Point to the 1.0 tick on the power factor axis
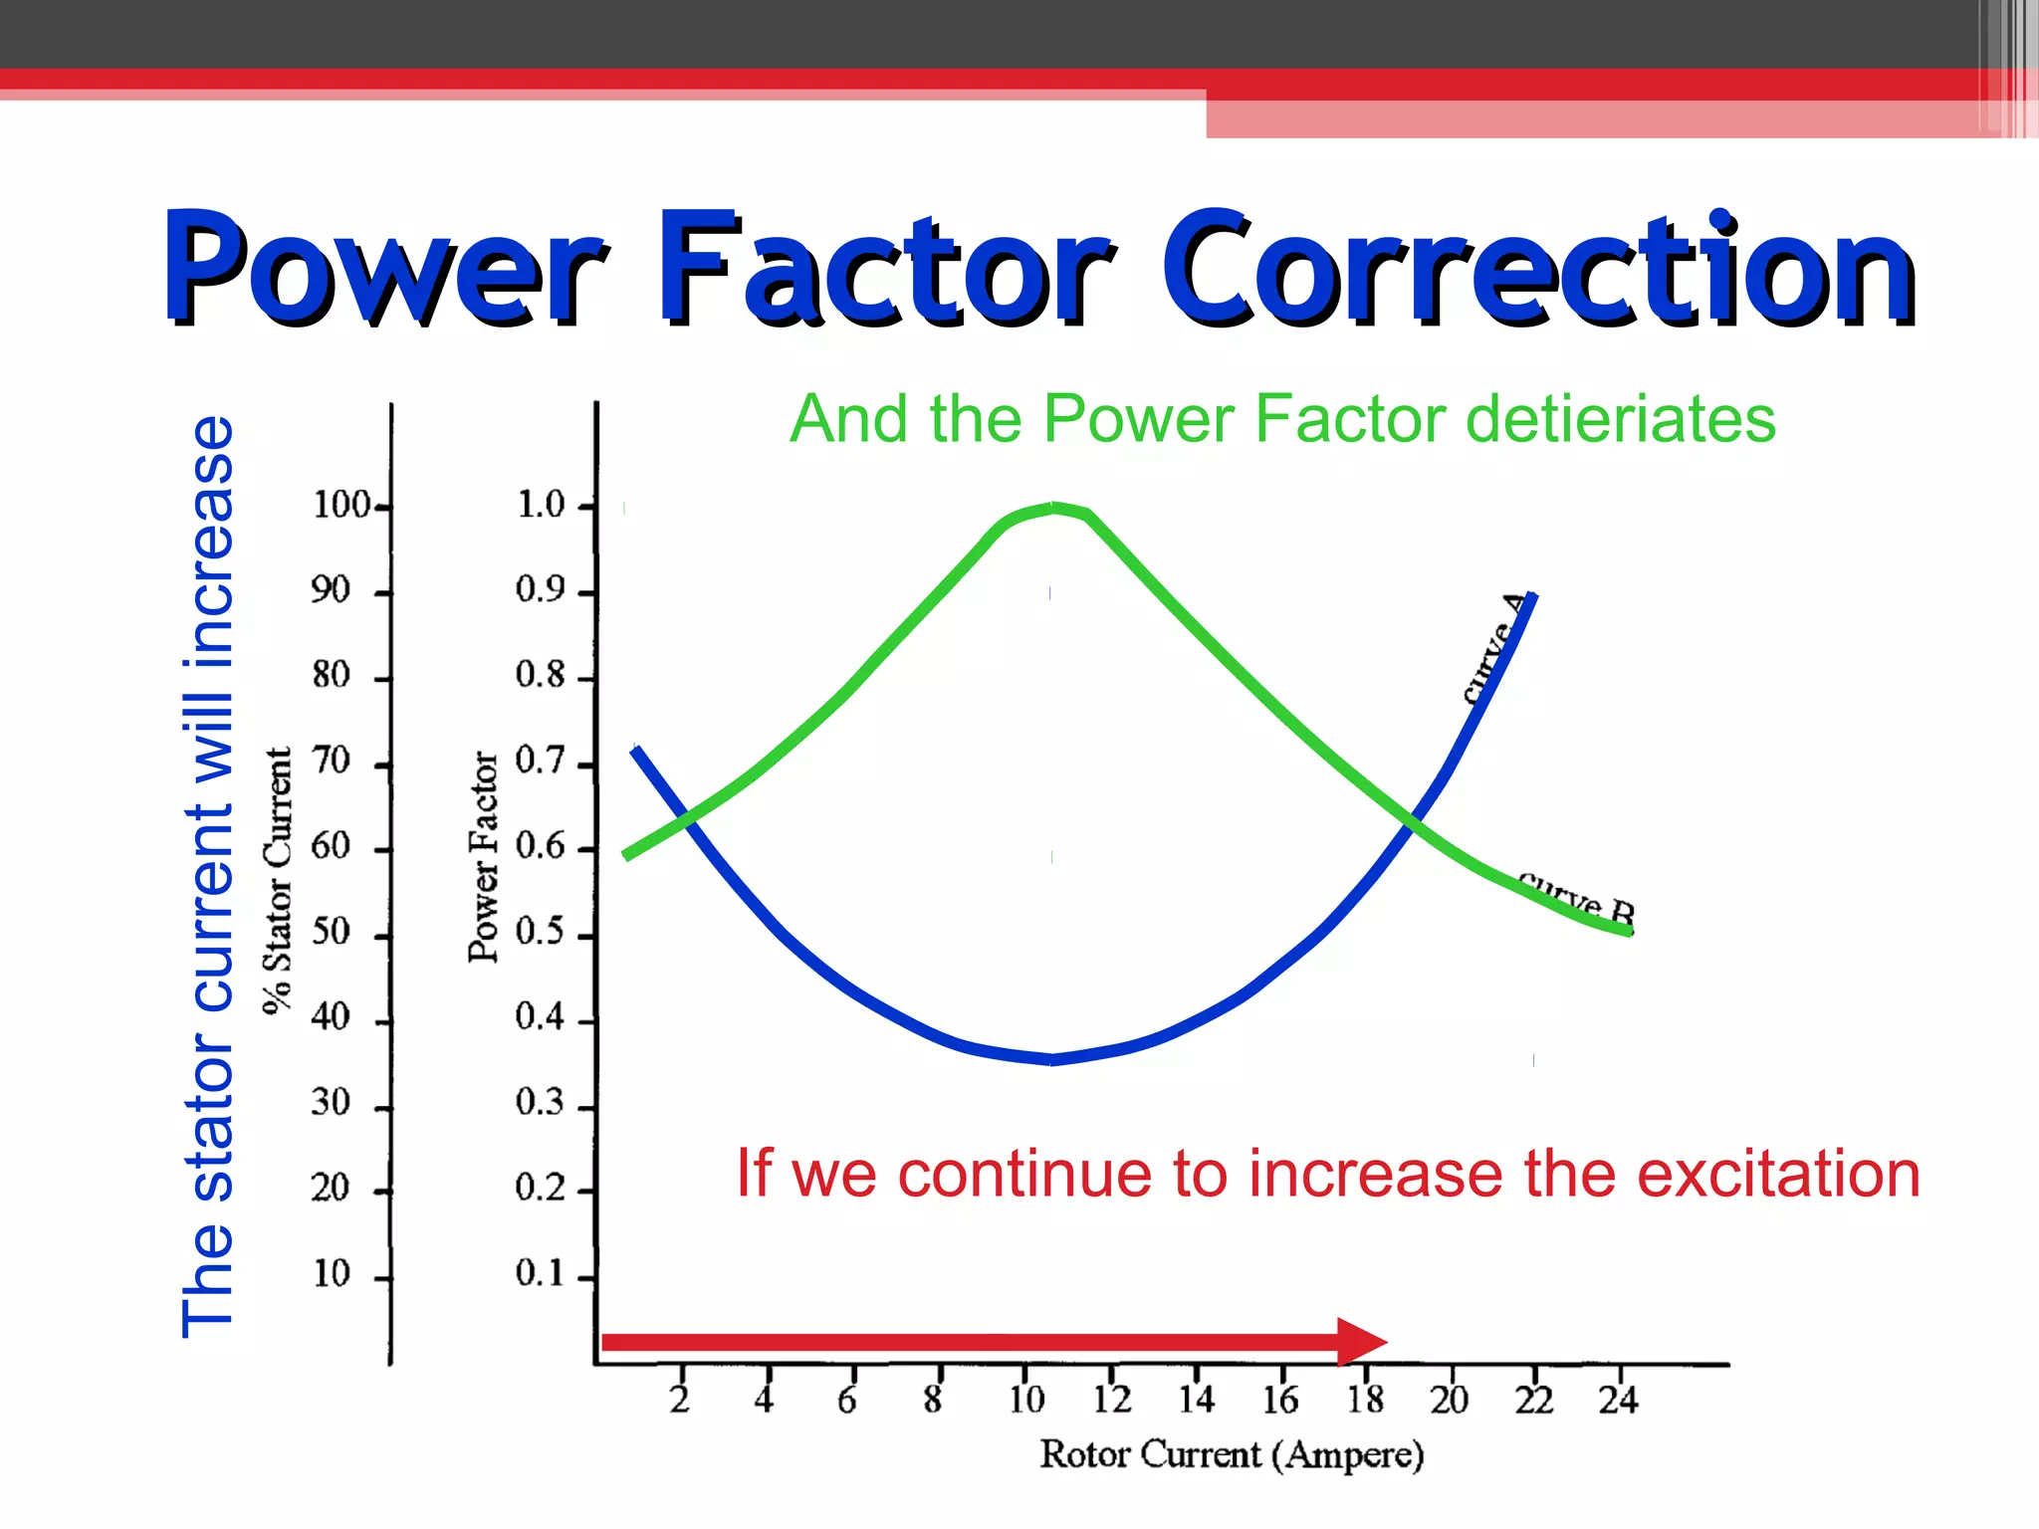pos(541,506)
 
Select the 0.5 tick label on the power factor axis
pos(541,933)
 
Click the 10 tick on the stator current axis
pos(332,1274)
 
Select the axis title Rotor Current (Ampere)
pos(1232,1455)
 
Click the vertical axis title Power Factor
pos(483,856)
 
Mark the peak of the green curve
pos(1054,508)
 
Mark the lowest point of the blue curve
pos(1052,1060)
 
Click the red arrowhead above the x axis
pos(1360,1341)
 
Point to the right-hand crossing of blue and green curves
pos(1411,821)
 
